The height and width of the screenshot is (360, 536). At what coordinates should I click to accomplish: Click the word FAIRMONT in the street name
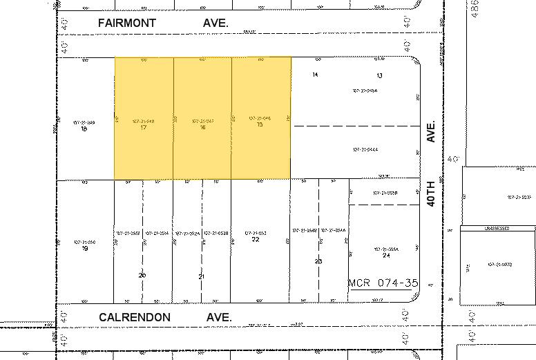pyautogui.click(x=127, y=23)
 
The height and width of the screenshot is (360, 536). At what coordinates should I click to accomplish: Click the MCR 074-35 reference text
pyautogui.click(x=383, y=283)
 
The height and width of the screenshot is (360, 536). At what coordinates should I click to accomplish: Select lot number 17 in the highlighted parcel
pyautogui.click(x=143, y=128)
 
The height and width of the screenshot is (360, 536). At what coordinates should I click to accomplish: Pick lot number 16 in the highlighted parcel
pyautogui.click(x=202, y=128)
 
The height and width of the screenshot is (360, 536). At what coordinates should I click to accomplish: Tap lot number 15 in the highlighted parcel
pyautogui.click(x=260, y=126)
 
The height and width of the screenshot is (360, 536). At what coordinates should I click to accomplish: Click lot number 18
pyautogui.click(x=84, y=129)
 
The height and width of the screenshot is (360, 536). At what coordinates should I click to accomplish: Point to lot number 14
pyautogui.click(x=315, y=74)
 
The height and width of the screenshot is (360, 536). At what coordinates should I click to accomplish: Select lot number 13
pyautogui.click(x=379, y=75)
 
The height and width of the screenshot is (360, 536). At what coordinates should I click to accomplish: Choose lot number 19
pyautogui.click(x=85, y=248)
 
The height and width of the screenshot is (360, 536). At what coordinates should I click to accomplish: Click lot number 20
pyautogui.click(x=142, y=276)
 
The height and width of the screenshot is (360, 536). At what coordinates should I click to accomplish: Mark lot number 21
pyautogui.click(x=202, y=276)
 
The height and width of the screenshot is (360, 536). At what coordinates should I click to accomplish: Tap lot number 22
pyautogui.click(x=256, y=239)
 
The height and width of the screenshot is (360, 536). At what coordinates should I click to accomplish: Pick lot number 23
pyautogui.click(x=318, y=261)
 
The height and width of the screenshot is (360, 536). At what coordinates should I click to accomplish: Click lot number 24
pyautogui.click(x=385, y=255)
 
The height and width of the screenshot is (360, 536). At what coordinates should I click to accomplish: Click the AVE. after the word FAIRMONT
pyautogui.click(x=215, y=23)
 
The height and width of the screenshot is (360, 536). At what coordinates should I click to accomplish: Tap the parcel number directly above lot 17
pyautogui.click(x=142, y=121)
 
